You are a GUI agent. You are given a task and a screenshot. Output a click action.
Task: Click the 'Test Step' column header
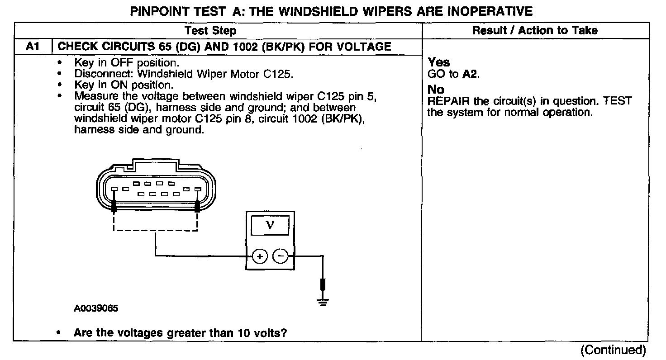[210, 31]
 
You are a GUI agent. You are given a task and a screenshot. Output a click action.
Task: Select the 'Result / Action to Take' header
[535, 31]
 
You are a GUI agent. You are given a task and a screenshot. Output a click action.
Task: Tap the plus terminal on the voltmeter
[260, 256]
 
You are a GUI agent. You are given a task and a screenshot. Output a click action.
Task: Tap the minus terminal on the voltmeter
[281, 256]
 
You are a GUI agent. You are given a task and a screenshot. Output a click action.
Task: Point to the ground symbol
[323, 302]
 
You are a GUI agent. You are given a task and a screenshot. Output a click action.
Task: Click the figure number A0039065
[96, 308]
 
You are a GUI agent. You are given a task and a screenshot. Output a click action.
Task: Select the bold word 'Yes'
[439, 62]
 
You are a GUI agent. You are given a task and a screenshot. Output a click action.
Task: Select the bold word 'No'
[436, 90]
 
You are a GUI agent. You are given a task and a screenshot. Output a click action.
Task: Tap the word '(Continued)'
[613, 350]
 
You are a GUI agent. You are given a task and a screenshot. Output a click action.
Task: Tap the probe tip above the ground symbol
[323, 284]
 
